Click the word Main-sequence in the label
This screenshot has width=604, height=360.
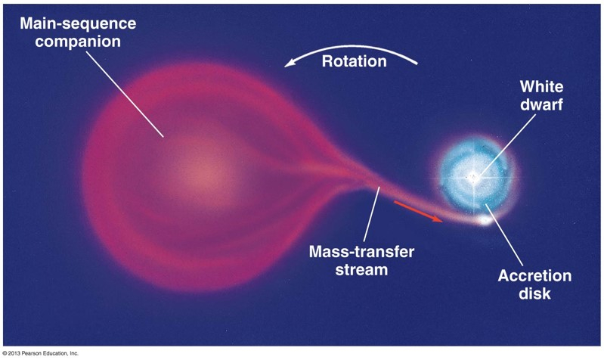tap(78, 23)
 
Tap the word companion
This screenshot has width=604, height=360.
tap(78, 42)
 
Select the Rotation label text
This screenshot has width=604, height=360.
tap(354, 61)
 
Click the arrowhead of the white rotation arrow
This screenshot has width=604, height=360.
tap(290, 63)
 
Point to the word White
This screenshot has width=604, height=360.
tap(541, 86)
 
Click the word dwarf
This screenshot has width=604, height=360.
tap(541, 104)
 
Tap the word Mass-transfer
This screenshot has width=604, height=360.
tap(361, 252)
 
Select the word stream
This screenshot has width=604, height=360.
tap(361, 269)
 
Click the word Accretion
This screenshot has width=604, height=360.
tap(534, 276)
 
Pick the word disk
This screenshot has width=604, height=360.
tap(534, 293)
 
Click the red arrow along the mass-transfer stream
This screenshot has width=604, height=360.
tap(418, 211)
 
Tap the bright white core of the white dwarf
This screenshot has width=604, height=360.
tap(474, 178)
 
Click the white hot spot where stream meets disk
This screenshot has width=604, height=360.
tap(484, 221)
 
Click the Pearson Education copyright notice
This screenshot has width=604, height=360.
tap(41, 353)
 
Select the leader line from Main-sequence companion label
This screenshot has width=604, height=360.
tap(125, 94)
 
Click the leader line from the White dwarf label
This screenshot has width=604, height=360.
tap(508, 144)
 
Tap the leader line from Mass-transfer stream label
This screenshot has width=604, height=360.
tap(371, 214)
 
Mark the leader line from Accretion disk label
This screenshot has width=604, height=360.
tap(504, 234)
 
